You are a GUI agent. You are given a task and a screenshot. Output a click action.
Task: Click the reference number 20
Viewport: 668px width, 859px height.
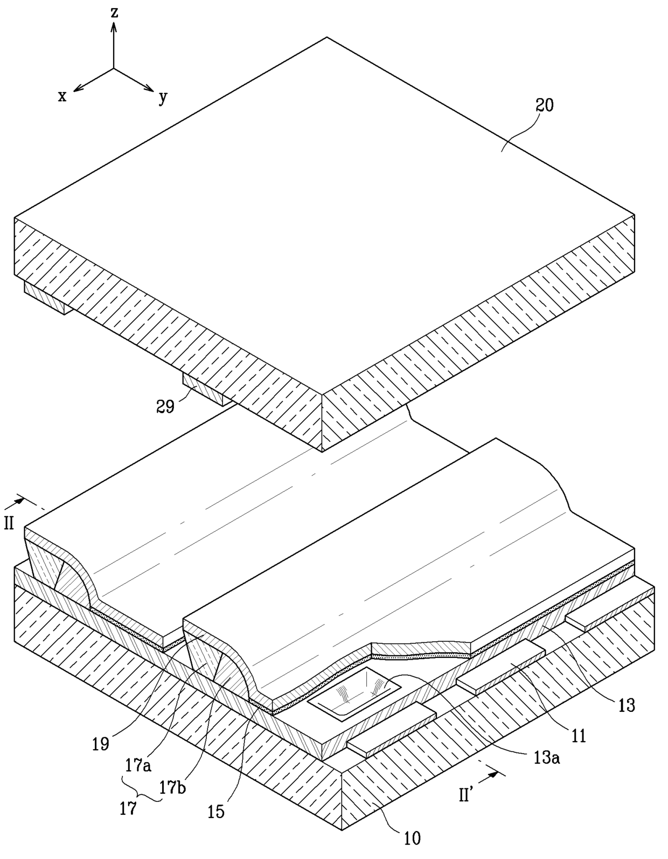coord(544,105)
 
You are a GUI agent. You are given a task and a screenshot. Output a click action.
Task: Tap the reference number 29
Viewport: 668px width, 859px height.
coord(165,406)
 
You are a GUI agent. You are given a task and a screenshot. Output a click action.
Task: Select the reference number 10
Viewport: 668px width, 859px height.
coord(412,838)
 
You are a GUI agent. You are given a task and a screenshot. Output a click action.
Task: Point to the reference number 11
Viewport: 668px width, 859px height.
coord(578,736)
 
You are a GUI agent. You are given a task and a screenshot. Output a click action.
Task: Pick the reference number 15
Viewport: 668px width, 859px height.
coord(216,812)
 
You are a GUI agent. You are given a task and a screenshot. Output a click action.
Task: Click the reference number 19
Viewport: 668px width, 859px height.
coord(101,744)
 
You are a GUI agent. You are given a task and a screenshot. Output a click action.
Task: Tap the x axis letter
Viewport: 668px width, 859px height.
coord(62,96)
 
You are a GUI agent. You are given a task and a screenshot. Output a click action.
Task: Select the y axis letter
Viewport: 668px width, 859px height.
coord(163,98)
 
